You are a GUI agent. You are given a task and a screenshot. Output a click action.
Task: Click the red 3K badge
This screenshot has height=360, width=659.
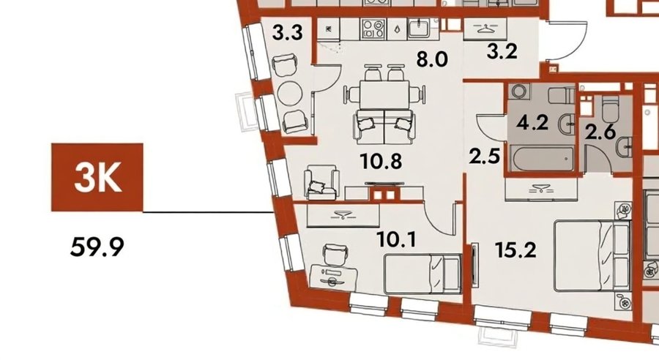97,177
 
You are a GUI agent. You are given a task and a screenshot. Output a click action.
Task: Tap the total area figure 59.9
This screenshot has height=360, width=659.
97,247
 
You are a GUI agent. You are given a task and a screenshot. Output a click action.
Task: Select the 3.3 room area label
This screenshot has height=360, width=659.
288,32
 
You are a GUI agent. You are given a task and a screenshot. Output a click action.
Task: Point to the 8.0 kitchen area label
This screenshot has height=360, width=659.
432,60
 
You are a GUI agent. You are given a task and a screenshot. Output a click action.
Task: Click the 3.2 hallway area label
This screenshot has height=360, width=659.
502,52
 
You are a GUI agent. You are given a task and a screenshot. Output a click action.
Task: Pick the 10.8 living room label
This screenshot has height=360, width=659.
381,161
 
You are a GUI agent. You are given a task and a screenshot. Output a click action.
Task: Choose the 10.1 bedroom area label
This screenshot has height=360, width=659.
396,240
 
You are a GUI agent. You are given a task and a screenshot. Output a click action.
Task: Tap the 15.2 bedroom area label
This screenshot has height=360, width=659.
515,250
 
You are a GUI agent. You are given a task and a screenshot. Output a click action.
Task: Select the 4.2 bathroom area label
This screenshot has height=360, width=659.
532,123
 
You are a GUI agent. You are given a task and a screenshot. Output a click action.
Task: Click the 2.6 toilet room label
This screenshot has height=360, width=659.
600,132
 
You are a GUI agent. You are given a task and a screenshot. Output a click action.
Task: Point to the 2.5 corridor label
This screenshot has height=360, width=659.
485,157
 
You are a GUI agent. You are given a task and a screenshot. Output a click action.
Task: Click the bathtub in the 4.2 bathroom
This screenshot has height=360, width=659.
542,158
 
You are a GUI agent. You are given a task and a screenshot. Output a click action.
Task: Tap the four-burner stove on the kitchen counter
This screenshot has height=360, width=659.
373,29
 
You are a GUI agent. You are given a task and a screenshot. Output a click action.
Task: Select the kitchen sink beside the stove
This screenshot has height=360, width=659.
418,29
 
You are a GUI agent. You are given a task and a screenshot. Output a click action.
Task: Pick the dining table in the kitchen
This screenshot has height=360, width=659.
384,95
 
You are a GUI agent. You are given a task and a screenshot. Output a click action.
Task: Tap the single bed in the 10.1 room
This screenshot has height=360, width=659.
422,274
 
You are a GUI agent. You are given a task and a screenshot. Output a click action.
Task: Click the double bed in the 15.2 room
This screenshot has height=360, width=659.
592,256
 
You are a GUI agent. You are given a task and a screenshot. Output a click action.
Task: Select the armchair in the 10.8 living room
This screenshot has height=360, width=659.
321,183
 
